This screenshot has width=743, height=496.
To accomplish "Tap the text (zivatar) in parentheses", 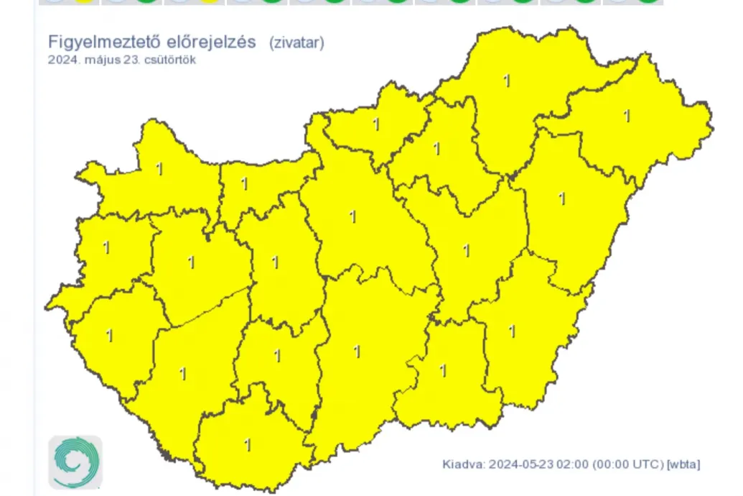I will point(297,42).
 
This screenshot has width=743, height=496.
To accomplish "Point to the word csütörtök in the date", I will point(170,60).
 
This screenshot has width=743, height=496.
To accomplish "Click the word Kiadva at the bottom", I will point(464,464).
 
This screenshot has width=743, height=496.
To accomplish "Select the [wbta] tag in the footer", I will point(683,464).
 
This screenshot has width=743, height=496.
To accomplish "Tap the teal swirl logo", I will point(75,462).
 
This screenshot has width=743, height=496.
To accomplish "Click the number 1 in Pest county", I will point(352,216).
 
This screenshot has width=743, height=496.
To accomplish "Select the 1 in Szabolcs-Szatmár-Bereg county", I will point(627,116).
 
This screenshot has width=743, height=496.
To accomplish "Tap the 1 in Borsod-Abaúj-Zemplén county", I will point(508,81).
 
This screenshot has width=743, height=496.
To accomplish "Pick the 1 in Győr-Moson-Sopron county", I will point(159,170).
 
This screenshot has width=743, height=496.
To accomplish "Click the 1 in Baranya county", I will point(248,446).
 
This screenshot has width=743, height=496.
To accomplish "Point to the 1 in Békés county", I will point(512,331).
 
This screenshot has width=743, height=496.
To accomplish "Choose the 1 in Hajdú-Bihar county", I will point(562,198).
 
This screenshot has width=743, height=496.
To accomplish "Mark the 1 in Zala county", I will point(109,336).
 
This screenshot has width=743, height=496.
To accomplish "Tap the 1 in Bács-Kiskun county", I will point(357,352).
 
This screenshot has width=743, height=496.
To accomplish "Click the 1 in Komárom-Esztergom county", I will point(244,185).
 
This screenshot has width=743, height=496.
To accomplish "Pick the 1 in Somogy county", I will point(182,375).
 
